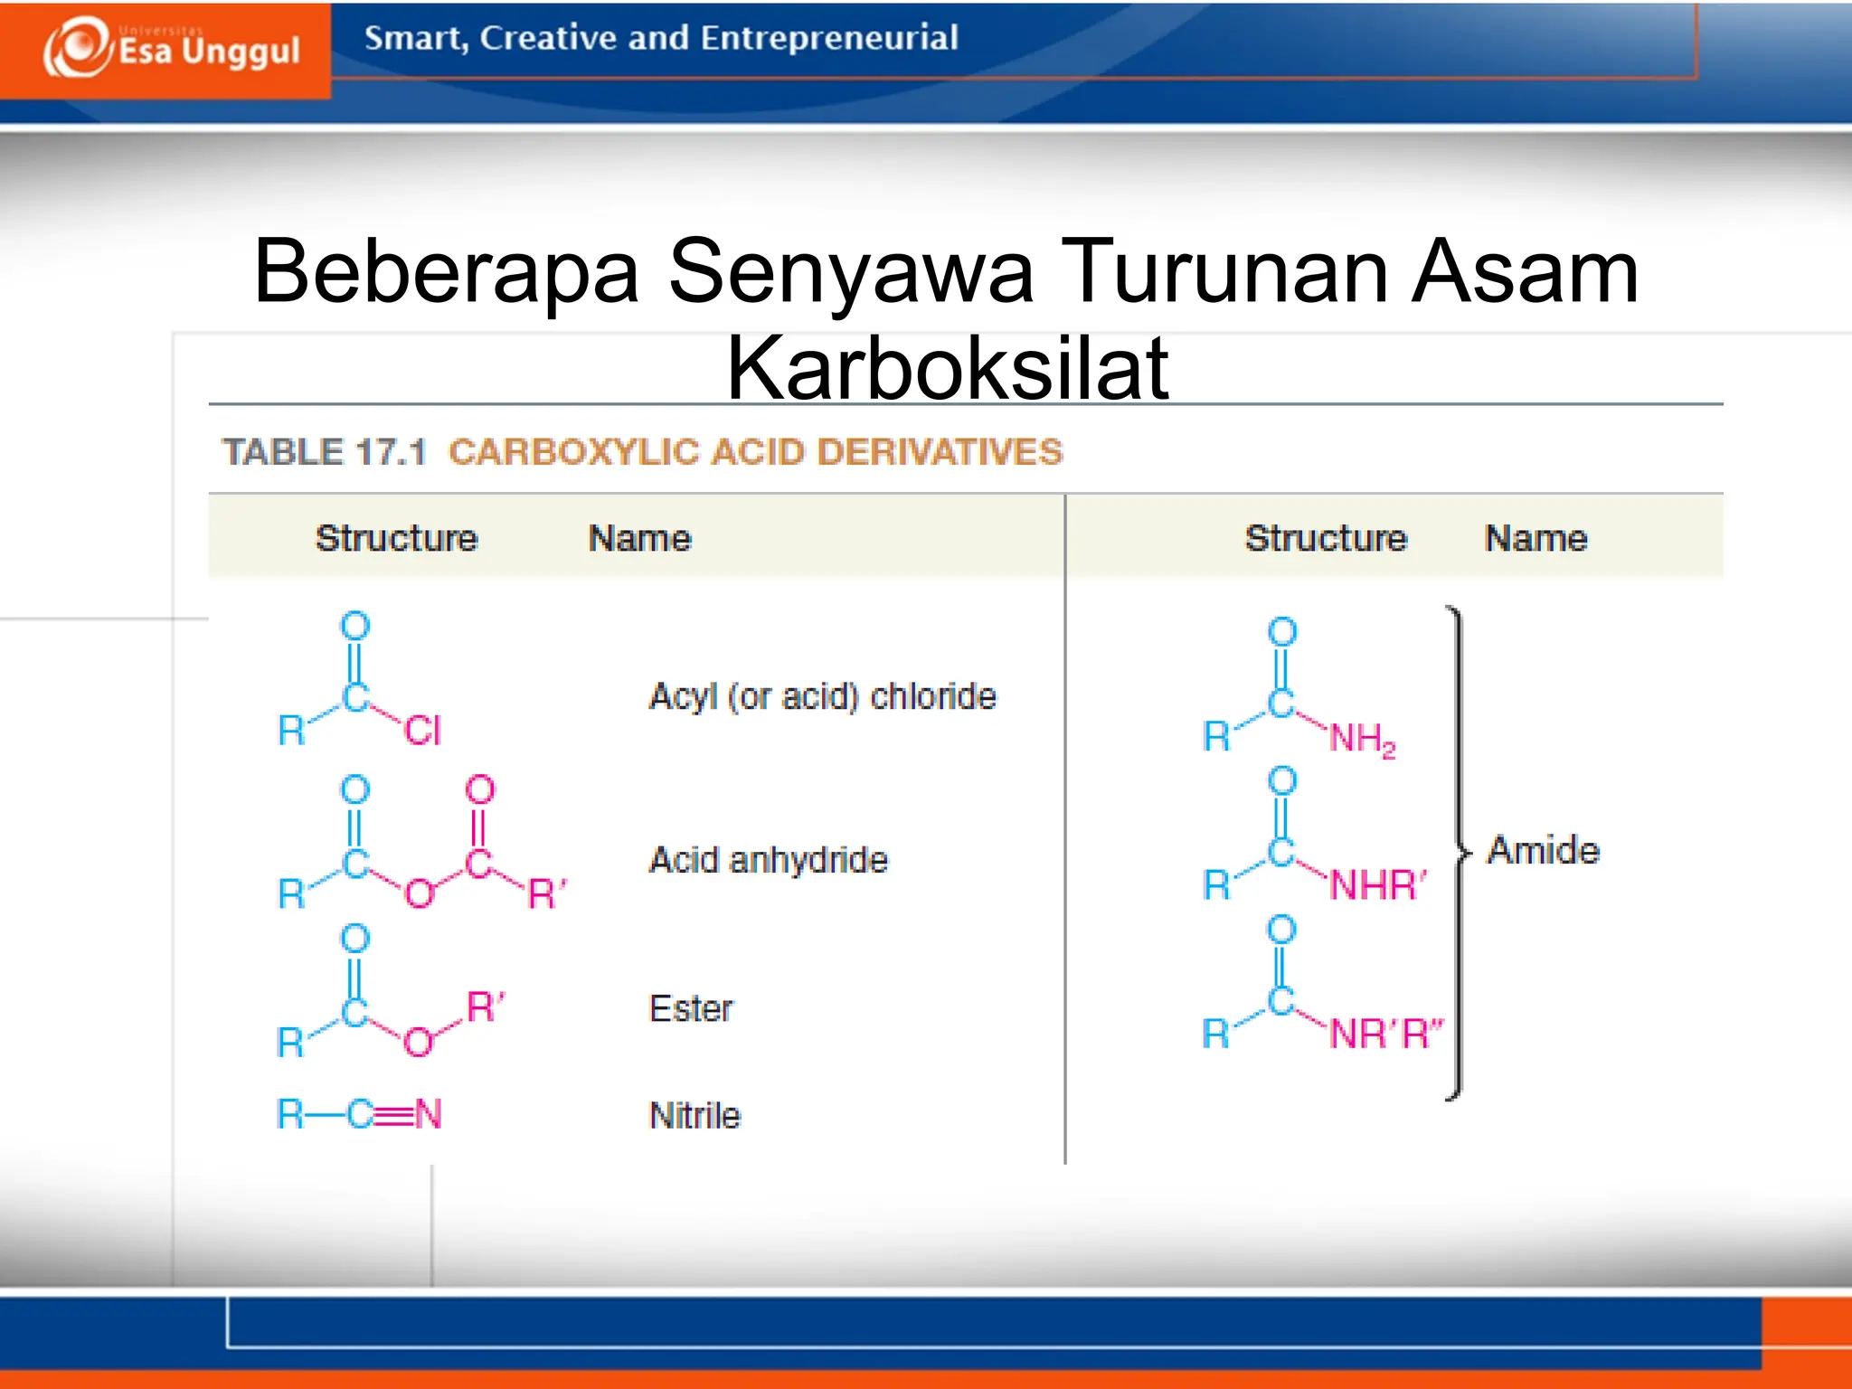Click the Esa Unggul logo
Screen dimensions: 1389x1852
172,49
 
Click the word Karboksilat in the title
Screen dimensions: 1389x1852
947,368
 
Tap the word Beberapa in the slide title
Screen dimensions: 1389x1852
447,271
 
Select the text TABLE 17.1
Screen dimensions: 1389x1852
324,452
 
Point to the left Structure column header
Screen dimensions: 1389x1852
396,539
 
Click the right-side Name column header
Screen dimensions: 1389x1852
1535,539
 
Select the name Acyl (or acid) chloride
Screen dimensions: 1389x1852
822,697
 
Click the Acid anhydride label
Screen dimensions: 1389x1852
768,860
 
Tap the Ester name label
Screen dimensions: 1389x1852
691,1009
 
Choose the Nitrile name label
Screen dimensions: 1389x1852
694,1116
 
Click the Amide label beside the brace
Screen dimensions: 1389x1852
1544,851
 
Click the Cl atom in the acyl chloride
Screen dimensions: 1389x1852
422,731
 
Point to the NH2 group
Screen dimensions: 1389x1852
1362,739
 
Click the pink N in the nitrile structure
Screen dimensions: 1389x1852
428,1115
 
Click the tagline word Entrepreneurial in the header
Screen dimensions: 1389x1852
828,38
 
